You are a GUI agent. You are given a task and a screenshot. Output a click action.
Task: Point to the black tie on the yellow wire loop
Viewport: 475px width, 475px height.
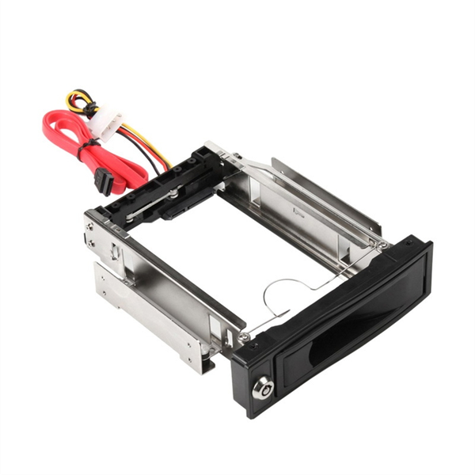pos(89,107)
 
